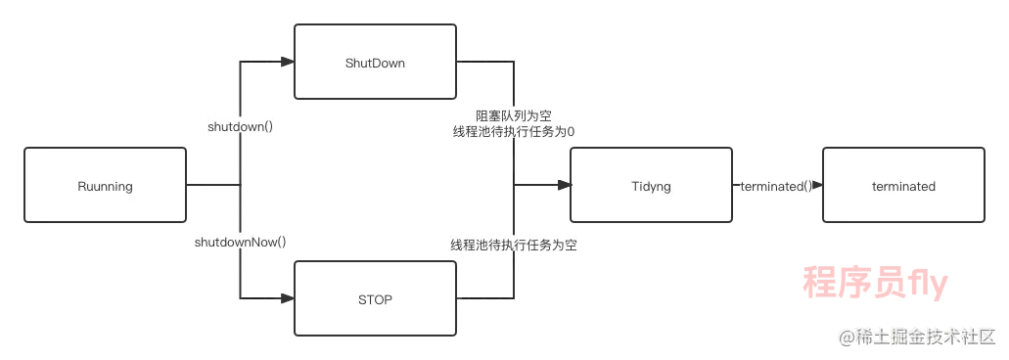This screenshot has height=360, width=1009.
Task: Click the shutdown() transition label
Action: pos(239,127)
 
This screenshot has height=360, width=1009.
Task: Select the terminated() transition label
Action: pos(776,186)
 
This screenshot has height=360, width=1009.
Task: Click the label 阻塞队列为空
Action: pos(514,115)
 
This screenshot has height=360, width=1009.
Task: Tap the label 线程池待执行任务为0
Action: pos(514,132)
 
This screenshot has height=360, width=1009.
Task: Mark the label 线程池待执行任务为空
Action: pos(514,246)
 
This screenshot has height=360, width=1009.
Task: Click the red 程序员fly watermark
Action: pos(874,284)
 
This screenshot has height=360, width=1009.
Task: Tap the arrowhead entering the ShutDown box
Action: pos(287,65)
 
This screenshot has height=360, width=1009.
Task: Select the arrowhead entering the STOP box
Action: pos(287,293)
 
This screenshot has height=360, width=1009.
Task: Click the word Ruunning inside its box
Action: pos(105,186)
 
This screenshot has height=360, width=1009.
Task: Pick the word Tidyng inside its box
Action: pos(650,186)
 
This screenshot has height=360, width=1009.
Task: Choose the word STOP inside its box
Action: pos(375,299)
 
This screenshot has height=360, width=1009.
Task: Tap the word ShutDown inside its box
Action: pos(375,64)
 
